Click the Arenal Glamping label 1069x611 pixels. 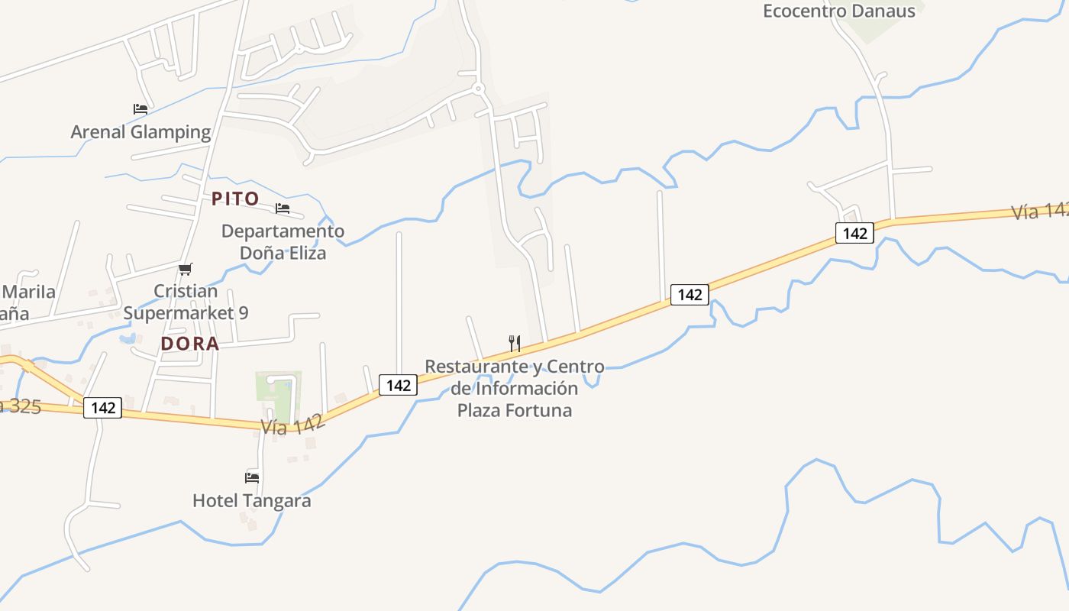point(140,132)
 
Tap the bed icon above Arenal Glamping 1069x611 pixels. point(140,109)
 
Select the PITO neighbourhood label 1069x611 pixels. point(235,199)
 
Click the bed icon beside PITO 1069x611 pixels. point(283,209)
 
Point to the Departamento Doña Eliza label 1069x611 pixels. point(283,241)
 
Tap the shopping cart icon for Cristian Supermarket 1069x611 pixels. point(185,269)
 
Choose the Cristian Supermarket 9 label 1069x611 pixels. point(186,302)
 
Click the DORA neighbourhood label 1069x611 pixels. point(190,344)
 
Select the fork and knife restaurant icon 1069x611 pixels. point(515,344)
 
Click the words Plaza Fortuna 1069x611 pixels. point(514,410)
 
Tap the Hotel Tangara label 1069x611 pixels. point(251,501)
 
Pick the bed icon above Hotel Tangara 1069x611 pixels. point(252,478)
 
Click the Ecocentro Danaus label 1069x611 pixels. point(838,11)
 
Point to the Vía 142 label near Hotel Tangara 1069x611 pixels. point(293,425)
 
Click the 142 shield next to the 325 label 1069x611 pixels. point(103,408)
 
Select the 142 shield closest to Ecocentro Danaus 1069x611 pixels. point(854,233)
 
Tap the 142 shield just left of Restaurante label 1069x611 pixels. point(399,386)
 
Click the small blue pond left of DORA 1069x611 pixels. point(127,338)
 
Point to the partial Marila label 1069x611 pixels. point(28,292)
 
